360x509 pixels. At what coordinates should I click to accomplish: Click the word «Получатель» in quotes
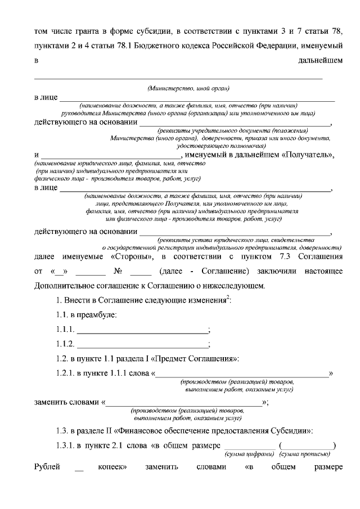coord(307,155)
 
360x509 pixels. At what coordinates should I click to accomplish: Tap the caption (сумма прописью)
coord(304,453)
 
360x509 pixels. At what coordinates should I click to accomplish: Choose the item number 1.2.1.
coord(66,373)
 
